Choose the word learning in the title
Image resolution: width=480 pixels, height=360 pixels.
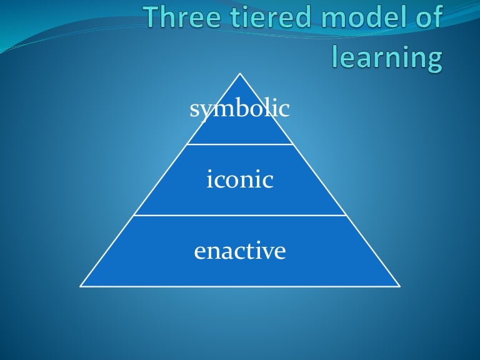[387, 57]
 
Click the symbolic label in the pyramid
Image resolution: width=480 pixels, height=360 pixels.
[240, 109]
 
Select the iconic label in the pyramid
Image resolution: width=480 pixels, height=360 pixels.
[240, 180]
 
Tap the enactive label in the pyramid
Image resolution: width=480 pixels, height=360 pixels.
[240, 251]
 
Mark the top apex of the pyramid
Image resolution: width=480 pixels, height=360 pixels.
[240, 73]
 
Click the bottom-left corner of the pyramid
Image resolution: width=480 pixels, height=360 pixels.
[81, 286]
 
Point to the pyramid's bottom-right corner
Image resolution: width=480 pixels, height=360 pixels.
[399, 286]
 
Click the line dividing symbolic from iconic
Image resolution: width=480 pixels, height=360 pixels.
[240, 144]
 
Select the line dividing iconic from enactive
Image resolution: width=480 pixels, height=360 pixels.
[240, 216]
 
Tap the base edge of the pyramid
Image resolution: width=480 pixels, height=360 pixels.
[240, 286]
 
